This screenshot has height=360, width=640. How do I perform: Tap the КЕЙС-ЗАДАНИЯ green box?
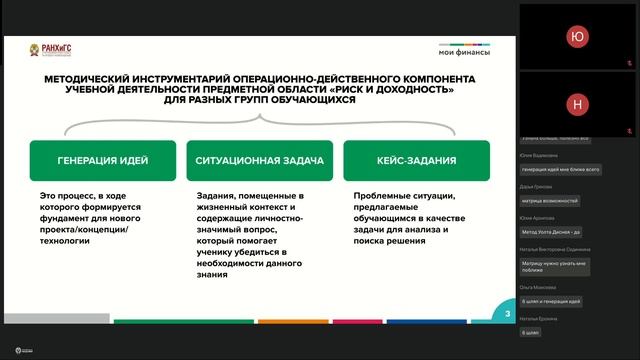[x=417, y=160]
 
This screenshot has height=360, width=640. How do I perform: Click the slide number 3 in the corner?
[x=508, y=314]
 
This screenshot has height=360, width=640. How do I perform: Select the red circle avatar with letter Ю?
[x=576, y=36]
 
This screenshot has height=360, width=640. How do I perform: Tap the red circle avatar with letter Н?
[x=576, y=104]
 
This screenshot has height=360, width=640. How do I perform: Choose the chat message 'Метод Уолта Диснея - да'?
[x=553, y=232]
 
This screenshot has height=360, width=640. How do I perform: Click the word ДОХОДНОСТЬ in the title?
[x=410, y=90]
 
